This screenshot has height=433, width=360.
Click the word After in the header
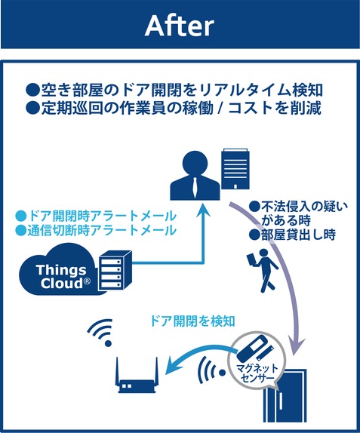click(180, 26)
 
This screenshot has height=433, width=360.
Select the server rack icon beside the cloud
click(115, 271)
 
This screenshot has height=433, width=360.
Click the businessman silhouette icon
click(195, 175)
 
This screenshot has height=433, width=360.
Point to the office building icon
click(236, 169)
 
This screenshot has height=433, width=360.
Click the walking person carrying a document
click(262, 271)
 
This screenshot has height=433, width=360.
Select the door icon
click(285, 395)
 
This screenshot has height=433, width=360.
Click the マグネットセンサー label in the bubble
click(257, 373)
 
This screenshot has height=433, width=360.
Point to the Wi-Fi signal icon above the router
click(101, 332)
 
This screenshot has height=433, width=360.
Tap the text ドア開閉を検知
click(192, 321)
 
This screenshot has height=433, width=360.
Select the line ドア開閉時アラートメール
click(96, 216)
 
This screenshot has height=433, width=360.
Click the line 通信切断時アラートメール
click(96, 230)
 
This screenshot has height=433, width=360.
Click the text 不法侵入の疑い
click(298, 206)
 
